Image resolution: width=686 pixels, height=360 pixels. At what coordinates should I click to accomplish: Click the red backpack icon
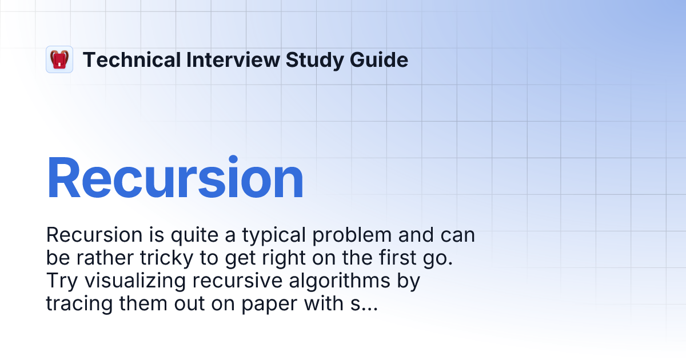tap(59, 59)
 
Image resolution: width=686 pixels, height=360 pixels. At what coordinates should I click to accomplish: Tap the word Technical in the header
tap(131, 59)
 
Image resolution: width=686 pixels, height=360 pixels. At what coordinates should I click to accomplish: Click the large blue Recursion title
tap(175, 178)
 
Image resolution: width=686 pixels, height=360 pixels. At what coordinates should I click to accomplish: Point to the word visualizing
tap(133, 281)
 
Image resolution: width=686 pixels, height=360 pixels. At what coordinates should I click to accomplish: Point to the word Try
tap(59, 281)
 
